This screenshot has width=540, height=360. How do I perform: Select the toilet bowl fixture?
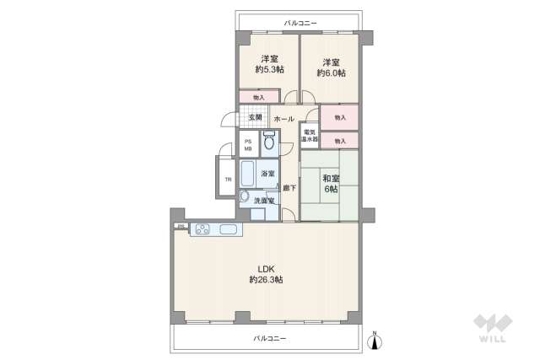coord(269,142)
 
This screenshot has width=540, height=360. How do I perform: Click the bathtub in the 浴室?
coord(249,175)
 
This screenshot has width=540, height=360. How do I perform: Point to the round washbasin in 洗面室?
coord(245,198)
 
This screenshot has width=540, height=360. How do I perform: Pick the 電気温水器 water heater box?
coord(309,135)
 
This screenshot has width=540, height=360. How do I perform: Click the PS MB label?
coord(248,145)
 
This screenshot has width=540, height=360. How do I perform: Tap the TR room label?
coord(227,179)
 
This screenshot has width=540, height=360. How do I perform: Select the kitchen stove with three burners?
coord(202,228)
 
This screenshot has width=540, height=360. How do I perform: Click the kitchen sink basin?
coord(229,228)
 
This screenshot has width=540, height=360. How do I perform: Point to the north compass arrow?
coord(376,341)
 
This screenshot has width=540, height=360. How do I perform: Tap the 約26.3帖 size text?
coord(266,279)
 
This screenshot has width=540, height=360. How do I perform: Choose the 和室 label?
coord(330,178)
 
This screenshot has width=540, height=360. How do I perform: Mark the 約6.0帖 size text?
coord(329,73)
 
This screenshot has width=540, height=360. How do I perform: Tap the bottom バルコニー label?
coord(270,338)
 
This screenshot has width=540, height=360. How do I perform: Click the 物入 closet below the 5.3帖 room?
coord(259,98)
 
